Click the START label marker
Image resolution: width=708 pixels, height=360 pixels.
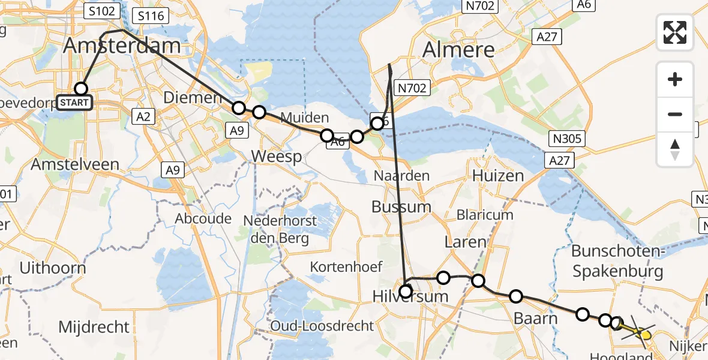tap(74, 103)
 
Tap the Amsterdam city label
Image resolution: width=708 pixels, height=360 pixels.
tap(122, 46)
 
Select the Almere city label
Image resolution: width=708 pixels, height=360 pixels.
tap(459, 50)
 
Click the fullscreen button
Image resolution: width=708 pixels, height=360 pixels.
tap(675, 32)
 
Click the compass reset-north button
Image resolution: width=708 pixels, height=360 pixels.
tap(675, 149)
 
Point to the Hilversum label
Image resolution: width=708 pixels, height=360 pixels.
tap(410, 296)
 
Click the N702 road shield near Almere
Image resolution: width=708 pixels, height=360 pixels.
tap(412, 88)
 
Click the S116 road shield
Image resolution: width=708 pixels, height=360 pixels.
tap(151, 16)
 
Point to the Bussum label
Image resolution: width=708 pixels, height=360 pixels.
tap(401, 207)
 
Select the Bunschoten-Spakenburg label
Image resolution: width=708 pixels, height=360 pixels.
tap(617, 261)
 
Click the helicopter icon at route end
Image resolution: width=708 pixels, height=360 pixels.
tap(641, 332)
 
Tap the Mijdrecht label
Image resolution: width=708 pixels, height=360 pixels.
tap(94, 327)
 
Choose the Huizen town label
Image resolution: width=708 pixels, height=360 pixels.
tap(498, 176)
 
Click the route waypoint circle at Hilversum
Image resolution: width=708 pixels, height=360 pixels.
tap(406, 292)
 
